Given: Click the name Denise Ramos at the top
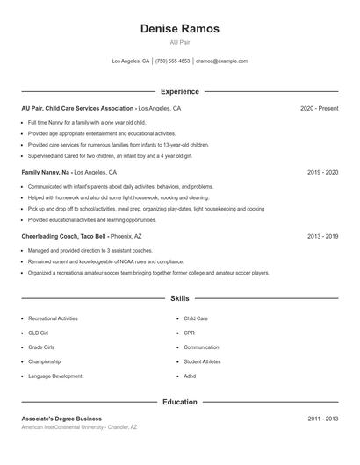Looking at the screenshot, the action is coord(180,29).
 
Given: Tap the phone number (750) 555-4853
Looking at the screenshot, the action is coord(173,61).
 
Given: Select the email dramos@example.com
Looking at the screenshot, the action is coord(222,61).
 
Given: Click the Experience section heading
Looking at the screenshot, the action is coord(180,91).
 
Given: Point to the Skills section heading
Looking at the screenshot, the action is coord(180,299).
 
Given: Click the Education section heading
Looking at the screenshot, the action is coord(180,402).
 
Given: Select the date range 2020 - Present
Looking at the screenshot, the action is coord(319,108).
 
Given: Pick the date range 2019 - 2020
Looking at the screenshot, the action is coord(322,173).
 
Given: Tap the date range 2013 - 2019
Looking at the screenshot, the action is coord(322,236).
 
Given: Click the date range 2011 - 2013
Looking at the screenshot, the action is coord(322,418).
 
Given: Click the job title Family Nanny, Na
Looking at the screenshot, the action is coord(47,173).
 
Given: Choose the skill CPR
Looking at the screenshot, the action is coord(190,333).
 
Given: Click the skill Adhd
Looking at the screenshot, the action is coord(191,376).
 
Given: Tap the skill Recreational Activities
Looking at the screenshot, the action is coord(53,318).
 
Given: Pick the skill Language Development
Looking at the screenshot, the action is coord(55,376).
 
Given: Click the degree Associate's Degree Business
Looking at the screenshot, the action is coord(61,418).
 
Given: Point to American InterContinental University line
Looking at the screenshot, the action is coord(79,427).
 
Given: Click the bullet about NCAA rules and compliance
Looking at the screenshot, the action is coord(105,261).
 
